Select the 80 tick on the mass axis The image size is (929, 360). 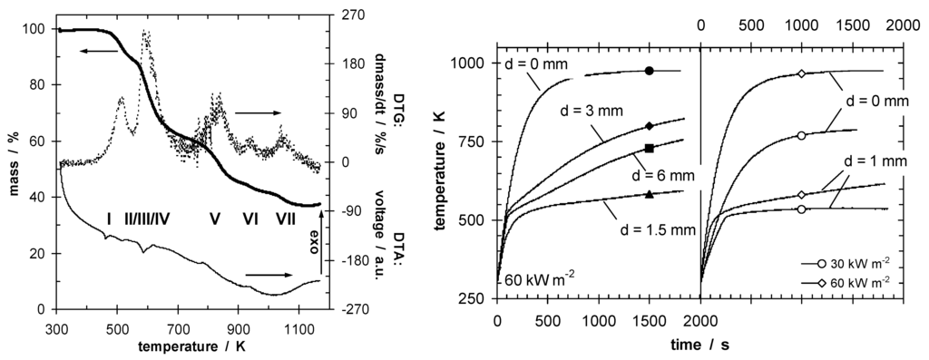pyautogui.click(x=34, y=85)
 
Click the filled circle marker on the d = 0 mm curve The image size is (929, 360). pyautogui.click(x=649, y=71)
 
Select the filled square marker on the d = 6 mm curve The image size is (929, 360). pyautogui.click(x=649, y=148)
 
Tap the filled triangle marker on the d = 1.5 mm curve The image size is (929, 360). pyautogui.click(x=649, y=193)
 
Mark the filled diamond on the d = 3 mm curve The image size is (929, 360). pyautogui.click(x=649, y=126)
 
